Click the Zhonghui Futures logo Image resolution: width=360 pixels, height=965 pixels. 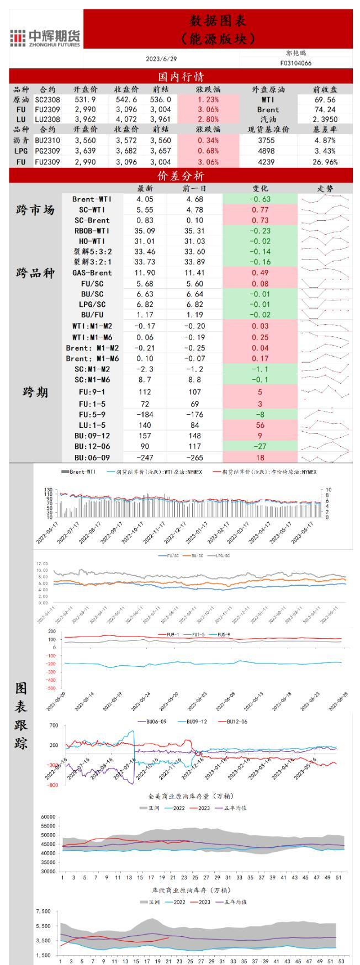pyautogui.click(x=46, y=38)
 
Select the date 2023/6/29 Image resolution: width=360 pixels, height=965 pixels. pyautogui.click(x=161, y=59)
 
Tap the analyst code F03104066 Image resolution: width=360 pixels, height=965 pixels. pyautogui.click(x=295, y=63)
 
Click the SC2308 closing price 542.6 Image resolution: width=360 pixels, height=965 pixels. pyautogui.click(x=126, y=99)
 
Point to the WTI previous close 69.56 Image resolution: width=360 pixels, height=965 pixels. pyautogui.click(x=324, y=99)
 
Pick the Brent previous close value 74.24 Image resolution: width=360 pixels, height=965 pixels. pyautogui.click(x=324, y=109)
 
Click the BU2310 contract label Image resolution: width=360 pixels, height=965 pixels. pyautogui.click(x=47, y=140)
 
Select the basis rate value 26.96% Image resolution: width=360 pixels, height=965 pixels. pyautogui.click(x=324, y=162)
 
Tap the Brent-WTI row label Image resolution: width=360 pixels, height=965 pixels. pyautogui.click(x=92, y=199)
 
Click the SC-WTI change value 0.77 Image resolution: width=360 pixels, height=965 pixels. pyautogui.click(x=260, y=210)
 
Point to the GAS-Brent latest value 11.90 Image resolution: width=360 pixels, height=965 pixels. pyautogui.click(x=145, y=273)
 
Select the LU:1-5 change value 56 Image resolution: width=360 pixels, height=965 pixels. pyautogui.click(x=260, y=425)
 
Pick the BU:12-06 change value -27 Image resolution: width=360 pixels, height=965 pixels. pyautogui.click(x=260, y=446)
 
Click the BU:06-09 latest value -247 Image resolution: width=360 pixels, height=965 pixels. pyautogui.click(x=145, y=457)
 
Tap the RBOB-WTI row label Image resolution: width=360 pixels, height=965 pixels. pyautogui.click(x=92, y=231)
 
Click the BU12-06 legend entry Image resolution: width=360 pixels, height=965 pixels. pyautogui.click(x=236, y=722)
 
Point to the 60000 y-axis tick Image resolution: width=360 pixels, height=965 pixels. pyautogui.click(x=49, y=817)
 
